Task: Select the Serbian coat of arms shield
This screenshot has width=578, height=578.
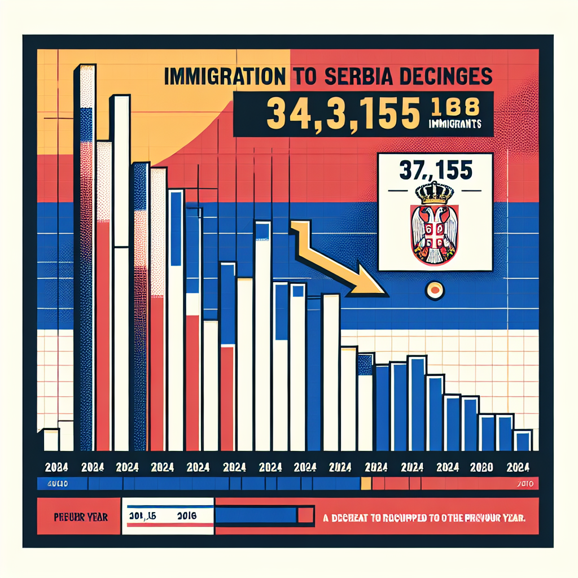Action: (x=434, y=232)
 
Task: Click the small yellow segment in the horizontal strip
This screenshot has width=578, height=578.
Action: (x=366, y=484)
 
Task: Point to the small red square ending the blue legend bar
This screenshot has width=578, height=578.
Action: (x=305, y=515)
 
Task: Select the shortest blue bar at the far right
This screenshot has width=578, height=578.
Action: (x=523, y=440)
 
